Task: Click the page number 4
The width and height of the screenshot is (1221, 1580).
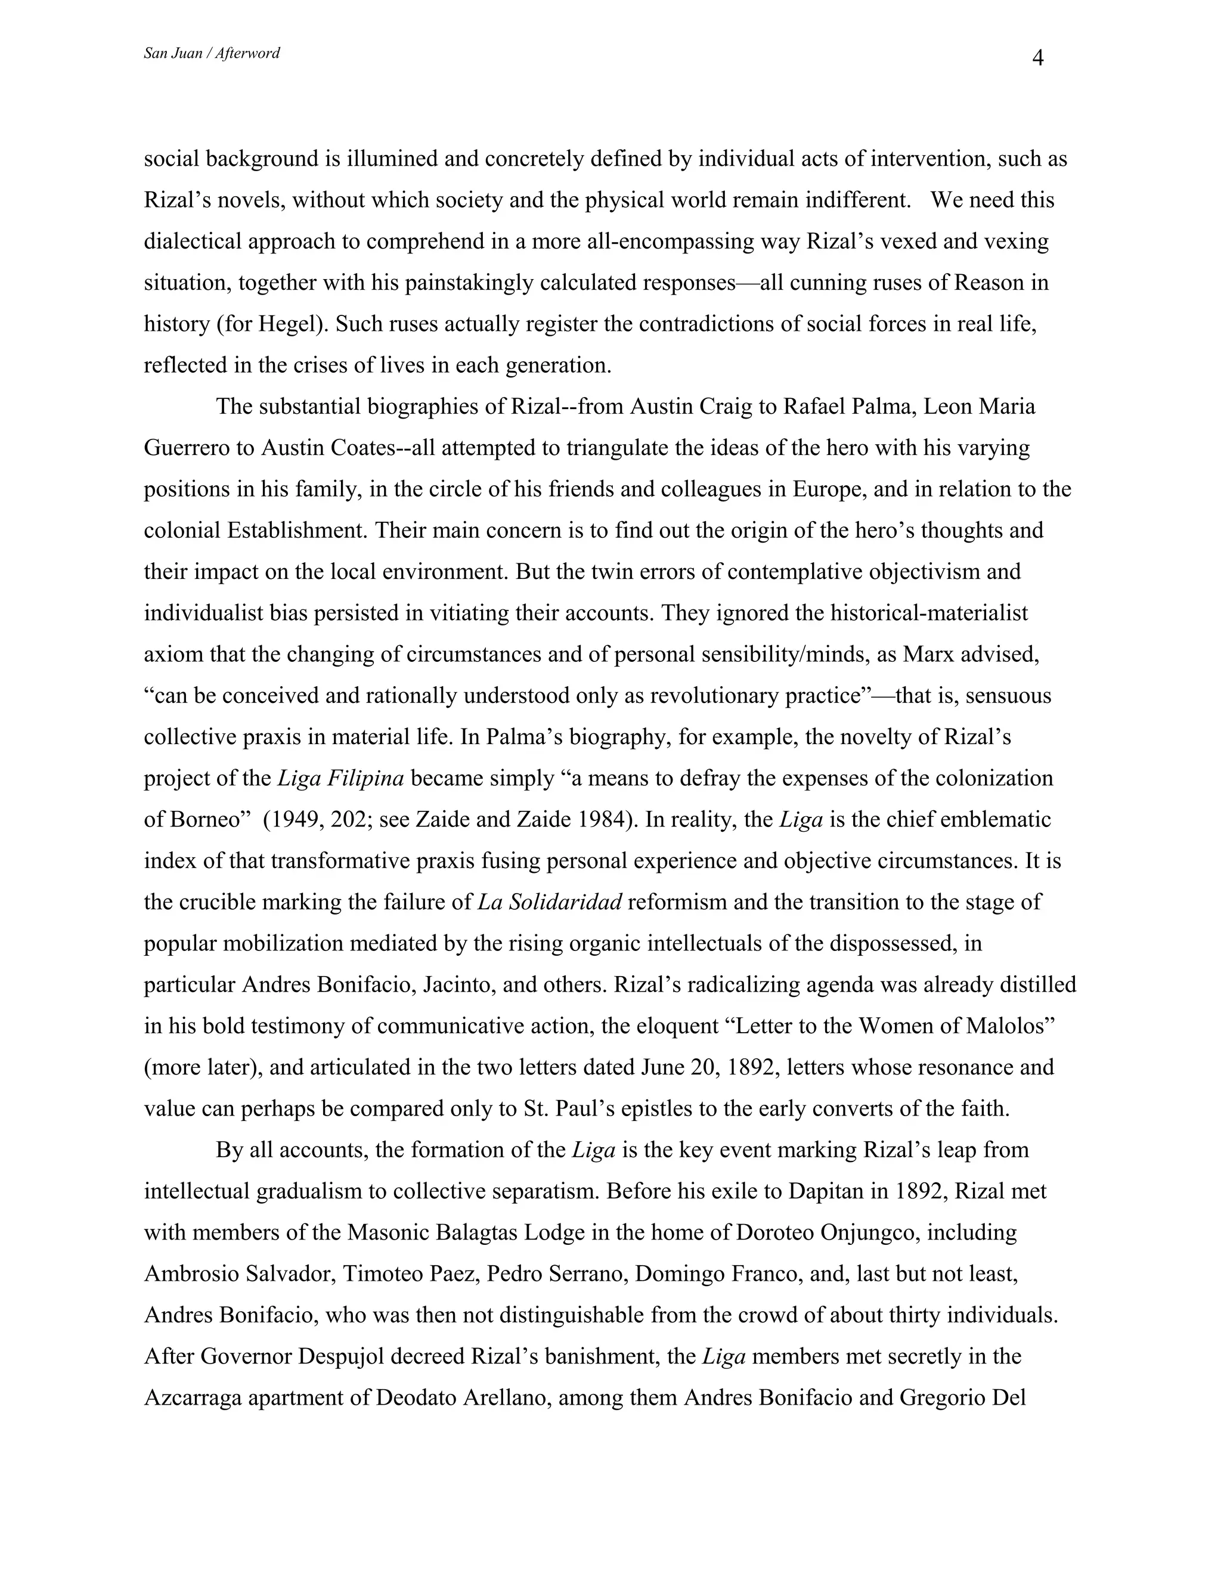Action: [x=1037, y=58]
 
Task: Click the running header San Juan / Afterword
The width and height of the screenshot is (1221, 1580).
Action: [x=211, y=53]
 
